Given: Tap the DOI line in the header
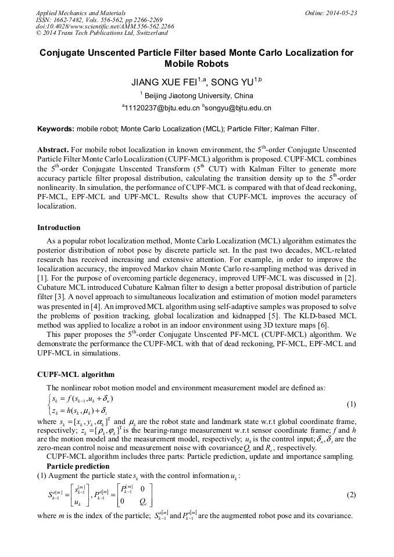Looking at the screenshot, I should (105, 27).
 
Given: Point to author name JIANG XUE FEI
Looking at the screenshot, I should (165, 82).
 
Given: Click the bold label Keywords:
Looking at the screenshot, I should (56, 129).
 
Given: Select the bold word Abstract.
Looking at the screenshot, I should (53, 149).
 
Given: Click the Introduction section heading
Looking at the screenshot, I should (59, 227).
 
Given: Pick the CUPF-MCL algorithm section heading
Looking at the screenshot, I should (76, 374).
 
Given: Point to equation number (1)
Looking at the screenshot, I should (351, 404).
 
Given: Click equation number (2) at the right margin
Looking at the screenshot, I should (351, 495).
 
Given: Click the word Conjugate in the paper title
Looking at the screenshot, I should (63, 53).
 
